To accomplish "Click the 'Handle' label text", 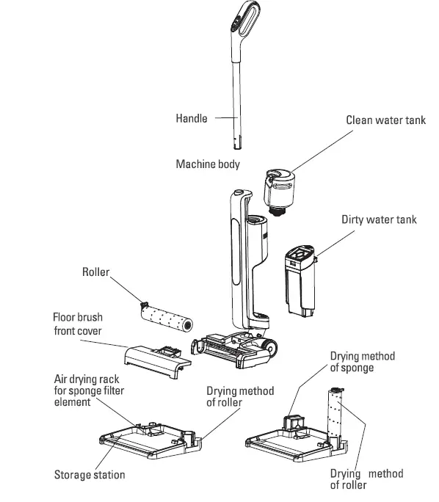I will click(192, 118).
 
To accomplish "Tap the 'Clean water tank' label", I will click(385, 120).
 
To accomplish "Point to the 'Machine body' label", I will click(207, 164).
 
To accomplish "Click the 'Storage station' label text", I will click(89, 475).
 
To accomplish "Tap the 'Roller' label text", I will click(95, 272).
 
